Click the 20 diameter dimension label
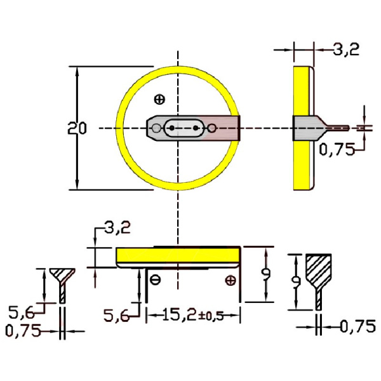coord(77,128)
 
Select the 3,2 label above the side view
coord(346,50)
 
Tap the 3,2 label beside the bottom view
coord(117,227)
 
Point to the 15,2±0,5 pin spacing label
coord(192,315)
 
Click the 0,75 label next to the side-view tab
coord(337,149)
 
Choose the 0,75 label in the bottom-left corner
coord(23,331)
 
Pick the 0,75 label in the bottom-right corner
coord(358,326)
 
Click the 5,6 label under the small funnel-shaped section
coord(21,312)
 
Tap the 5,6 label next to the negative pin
coord(116,316)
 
